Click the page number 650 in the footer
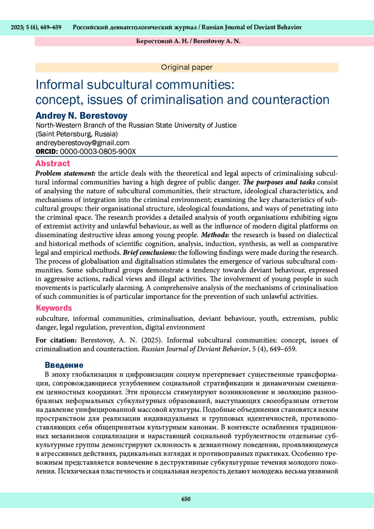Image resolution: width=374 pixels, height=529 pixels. coord(186,499)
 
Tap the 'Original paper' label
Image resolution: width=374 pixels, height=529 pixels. coord(187,67)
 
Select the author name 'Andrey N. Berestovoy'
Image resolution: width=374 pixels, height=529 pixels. coord(81,116)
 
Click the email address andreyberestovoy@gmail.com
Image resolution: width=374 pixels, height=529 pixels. coord(83,143)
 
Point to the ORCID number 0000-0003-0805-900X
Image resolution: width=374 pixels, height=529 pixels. coord(98,151)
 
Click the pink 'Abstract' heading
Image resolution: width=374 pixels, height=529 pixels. coord(53,163)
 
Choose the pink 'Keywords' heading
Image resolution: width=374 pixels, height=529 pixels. coord(54,308)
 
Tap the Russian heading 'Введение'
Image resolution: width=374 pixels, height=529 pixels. coord(64,365)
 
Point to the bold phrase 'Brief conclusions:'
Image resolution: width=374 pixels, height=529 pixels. coord(150,252)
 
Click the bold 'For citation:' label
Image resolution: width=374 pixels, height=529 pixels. coord(56,340)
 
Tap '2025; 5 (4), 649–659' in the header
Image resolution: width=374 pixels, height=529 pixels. coord(36,27)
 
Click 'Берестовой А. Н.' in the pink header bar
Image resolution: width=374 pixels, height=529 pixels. coord(162,41)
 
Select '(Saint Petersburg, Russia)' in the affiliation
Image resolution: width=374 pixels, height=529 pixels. coord(77,134)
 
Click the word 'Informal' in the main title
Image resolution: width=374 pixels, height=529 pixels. coord(60,85)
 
